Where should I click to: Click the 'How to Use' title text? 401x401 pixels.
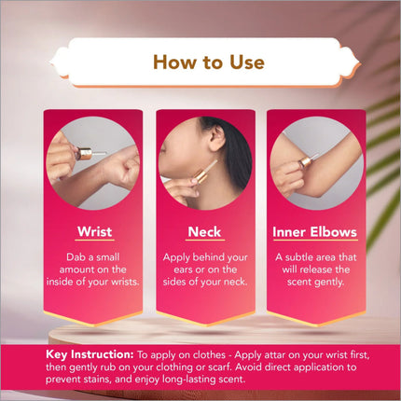[x=209, y=62]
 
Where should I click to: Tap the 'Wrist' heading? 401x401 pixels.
[x=94, y=231]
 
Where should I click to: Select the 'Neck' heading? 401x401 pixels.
[x=204, y=232]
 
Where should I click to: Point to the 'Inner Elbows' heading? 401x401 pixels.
[x=314, y=232]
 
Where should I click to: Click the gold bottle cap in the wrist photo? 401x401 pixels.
[x=84, y=154]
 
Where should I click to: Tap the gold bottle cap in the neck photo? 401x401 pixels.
[x=200, y=175]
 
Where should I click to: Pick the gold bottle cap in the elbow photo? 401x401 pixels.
[x=305, y=162]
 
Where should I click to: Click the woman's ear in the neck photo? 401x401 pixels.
[x=216, y=137]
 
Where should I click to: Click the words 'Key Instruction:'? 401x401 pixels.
[x=90, y=354]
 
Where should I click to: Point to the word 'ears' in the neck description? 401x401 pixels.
[x=184, y=270]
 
